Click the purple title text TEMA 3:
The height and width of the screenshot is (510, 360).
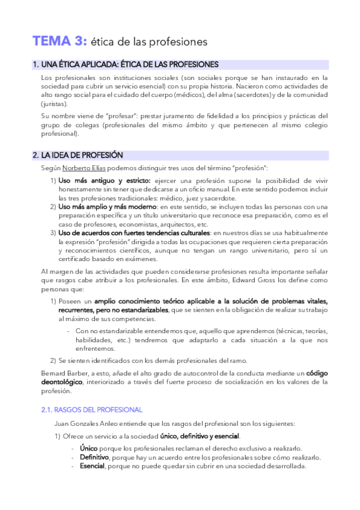click(x=60, y=41)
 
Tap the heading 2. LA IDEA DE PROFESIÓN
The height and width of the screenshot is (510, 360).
click(x=78, y=155)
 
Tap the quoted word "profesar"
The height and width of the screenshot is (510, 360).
click(x=121, y=116)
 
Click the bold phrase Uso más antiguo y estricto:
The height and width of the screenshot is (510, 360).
click(x=105, y=180)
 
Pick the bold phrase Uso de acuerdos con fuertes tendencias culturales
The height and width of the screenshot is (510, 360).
click(x=134, y=232)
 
